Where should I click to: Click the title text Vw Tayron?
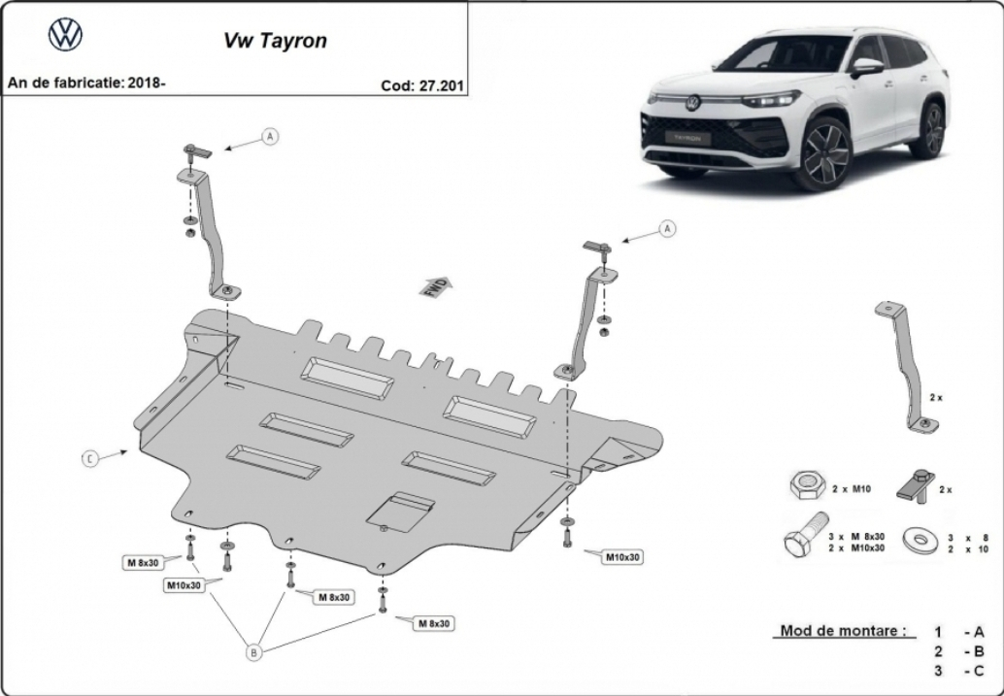pyautogui.click(x=275, y=41)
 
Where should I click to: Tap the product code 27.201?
pyautogui.click(x=441, y=85)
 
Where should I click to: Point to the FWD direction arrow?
pyautogui.click(x=435, y=287)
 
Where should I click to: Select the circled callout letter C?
pyautogui.click(x=90, y=458)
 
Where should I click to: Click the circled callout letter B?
pyautogui.click(x=253, y=652)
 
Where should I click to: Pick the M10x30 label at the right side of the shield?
pyautogui.click(x=622, y=557)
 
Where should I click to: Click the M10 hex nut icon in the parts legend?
pyautogui.click(x=808, y=487)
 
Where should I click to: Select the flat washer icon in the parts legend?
pyautogui.click(x=920, y=543)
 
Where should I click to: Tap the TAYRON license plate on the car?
pyautogui.click(x=686, y=138)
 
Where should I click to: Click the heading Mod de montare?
pyautogui.click(x=843, y=631)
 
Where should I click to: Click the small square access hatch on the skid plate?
pyautogui.click(x=400, y=513)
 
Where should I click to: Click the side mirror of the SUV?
pyautogui.click(x=866, y=66)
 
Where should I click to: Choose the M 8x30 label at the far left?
pyautogui.click(x=143, y=563)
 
